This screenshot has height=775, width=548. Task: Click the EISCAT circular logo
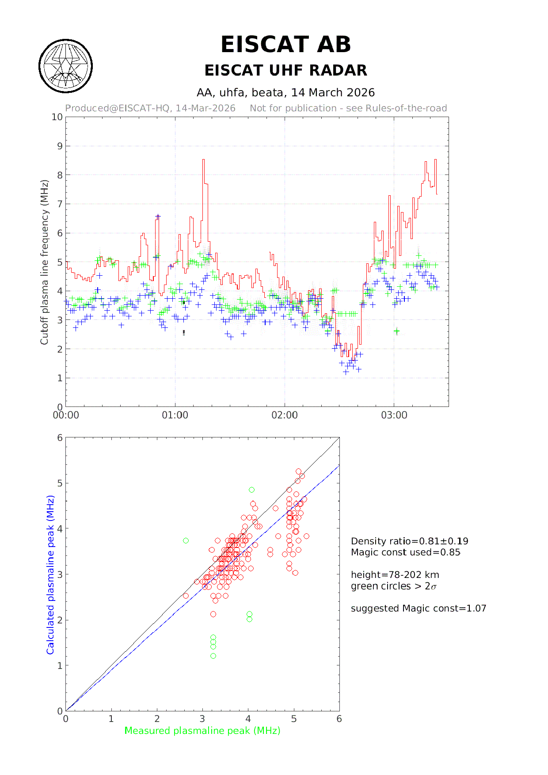[66, 66]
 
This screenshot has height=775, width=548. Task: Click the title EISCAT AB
[285, 45]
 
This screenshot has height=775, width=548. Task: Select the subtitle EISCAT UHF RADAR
[285, 70]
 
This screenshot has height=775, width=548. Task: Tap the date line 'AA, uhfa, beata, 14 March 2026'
[285, 92]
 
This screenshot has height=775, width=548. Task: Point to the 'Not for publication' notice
[348, 108]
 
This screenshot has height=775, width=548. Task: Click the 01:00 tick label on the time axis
[175, 415]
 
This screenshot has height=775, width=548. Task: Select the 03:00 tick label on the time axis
[394, 415]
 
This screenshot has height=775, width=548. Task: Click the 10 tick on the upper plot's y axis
[57, 117]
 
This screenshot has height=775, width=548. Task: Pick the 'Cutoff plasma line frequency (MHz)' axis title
[44, 262]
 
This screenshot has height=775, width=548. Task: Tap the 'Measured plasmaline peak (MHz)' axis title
[202, 731]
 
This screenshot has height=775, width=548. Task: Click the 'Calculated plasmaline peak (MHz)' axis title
[50, 575]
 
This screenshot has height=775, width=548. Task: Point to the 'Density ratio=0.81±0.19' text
[409, 541]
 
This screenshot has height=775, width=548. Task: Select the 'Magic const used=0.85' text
[405, 552]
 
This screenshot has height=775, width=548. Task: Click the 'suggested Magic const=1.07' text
[418, 608]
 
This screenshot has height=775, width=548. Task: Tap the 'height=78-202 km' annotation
[395, 575]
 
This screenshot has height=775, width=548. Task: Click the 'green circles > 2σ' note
[393, 586]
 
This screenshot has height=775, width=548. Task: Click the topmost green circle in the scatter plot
[251, 490]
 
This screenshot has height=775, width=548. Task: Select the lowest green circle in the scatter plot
[213, 656]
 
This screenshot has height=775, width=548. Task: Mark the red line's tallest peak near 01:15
[203, 160]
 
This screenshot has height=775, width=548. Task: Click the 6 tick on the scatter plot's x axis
[339, 719]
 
